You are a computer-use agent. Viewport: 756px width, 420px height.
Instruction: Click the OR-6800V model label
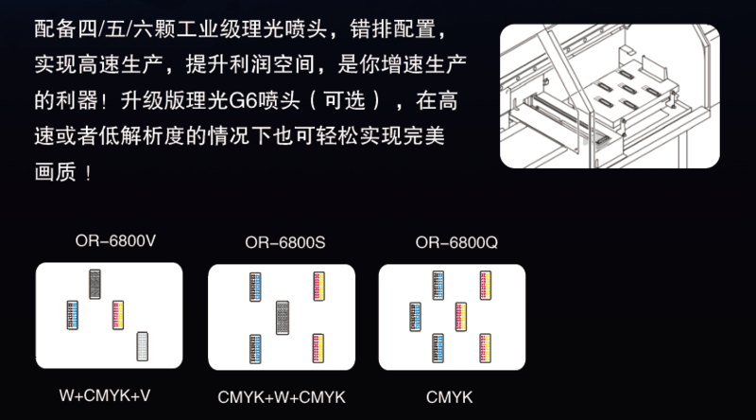point(115,241)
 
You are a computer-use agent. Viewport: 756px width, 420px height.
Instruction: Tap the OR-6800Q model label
point(455,243)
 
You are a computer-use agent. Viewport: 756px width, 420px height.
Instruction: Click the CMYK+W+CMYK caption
point(282,396)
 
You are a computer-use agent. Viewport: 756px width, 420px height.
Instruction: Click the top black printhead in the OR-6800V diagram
point(94,284)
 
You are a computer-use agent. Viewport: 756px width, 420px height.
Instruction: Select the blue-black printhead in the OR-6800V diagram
point(72,314)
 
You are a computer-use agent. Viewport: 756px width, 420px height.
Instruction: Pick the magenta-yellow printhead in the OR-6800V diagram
point(118,313)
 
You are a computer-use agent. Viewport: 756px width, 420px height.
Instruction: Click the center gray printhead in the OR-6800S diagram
point(282,317)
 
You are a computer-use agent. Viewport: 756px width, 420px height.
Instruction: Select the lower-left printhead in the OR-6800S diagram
point(254,347)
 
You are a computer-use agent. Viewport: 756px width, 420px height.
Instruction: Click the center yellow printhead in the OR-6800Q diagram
point(461,315)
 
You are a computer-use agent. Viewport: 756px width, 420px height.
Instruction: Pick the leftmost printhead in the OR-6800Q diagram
point(415,315)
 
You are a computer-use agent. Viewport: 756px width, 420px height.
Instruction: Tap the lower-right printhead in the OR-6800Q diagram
point(485,347)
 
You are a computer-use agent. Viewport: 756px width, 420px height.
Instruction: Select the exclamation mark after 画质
point(90,174)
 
